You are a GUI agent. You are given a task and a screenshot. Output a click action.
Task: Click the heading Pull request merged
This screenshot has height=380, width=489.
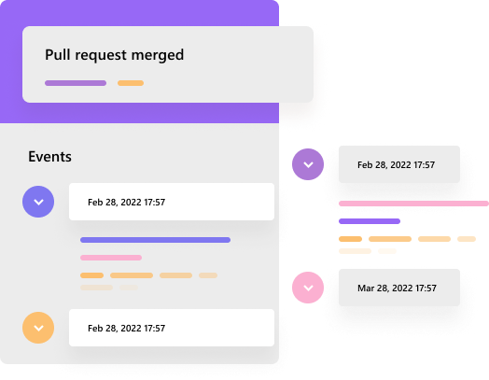coord(115,55)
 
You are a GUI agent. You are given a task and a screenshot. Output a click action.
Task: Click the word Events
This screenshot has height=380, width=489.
coord(49,157)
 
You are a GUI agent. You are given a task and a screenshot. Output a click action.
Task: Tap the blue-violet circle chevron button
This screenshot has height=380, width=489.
coord(38,202)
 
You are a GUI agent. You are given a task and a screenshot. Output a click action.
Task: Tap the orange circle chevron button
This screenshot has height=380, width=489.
coord(38,328)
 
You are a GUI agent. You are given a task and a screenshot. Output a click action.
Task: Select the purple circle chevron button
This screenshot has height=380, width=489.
coord(308,164)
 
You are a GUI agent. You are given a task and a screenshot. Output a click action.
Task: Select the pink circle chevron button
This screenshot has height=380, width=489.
coord(308,288)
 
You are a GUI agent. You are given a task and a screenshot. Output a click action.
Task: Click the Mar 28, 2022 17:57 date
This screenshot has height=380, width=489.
coord(397,288)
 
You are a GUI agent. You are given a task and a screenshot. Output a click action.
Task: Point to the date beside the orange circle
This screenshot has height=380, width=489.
coord(126,329)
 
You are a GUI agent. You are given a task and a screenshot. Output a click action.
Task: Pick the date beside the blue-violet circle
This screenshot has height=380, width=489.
coord(126,203)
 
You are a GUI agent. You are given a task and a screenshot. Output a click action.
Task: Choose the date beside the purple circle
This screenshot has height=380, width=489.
coord(396,164)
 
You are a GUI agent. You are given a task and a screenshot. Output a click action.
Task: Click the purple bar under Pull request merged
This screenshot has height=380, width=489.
coord(76,83)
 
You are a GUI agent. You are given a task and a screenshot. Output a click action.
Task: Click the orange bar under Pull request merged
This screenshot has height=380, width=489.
coord(131,83)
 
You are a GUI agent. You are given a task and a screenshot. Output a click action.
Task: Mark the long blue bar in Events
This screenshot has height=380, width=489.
coord(155,240)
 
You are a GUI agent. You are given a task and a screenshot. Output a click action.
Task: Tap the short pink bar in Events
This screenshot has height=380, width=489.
coord(111,258)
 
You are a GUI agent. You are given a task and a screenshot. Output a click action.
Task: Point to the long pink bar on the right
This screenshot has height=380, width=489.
coord(413,204)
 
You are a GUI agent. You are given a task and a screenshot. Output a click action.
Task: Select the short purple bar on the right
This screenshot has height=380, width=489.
coord(370,221)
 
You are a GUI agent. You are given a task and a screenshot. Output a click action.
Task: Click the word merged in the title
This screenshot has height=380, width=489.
coord(158,55)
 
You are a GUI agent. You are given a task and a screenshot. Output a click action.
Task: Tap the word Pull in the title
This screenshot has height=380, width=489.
coord(57,54)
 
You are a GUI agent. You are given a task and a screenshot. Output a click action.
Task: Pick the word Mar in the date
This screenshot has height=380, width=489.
coord(366,288)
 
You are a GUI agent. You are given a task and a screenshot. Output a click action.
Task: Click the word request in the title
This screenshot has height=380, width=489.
coord(101,56)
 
